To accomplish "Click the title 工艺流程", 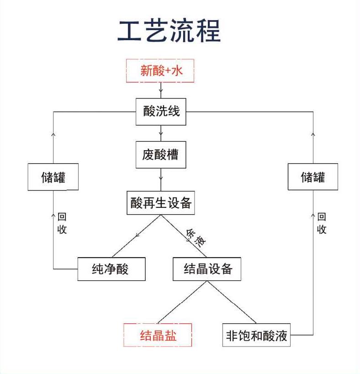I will tap(169, 31).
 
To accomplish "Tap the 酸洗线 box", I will tap(161, 112).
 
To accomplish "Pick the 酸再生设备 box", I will tap(161, 203).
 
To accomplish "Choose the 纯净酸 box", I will tap(111, 269).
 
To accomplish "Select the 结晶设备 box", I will tap(206, 269).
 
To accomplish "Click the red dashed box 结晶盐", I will tap(158, 335).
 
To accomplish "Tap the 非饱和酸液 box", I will tap(256, 335).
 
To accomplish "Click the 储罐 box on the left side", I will tap(53, 177).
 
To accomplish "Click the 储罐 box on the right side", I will tap(313, 177).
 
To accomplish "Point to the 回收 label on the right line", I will tap(322, 223).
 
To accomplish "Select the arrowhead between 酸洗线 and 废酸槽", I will tap(161, 134).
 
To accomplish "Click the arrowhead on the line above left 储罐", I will tap(53, 135).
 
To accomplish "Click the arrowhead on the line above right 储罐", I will tap(313, 135).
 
